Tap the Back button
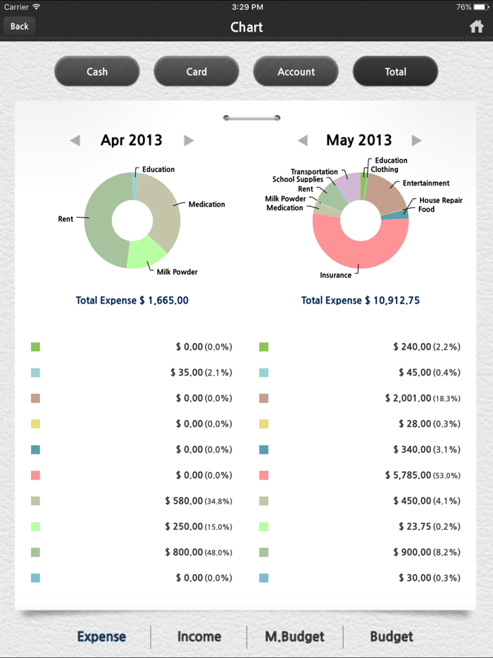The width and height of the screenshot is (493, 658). [x=20, y=26]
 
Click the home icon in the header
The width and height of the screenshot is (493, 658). [x=477, y=27]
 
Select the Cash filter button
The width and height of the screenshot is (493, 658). [x=97, y=71]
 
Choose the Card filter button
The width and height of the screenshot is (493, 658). [x=196, y=71]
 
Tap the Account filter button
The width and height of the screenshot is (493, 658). [x=296, y=71]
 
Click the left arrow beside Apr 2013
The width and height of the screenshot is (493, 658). [x=75, y=140]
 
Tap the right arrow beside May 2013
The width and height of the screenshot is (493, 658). [x=416, y=140]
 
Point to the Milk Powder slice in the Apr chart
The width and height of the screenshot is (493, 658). [x=144, y=252]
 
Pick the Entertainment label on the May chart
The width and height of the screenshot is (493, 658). [x=425, y=183]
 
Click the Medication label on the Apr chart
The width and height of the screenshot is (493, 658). [x=206, y=204]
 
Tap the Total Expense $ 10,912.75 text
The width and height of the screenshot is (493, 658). [x=360, y=300]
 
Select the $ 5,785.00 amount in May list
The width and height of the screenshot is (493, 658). [x=408, y=476]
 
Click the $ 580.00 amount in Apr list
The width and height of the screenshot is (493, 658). [x=184, y=501]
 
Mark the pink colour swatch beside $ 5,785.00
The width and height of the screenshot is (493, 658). [x=264, y=476]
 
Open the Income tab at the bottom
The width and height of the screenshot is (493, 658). [x=199, y=636]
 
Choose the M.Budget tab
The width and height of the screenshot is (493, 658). [x=295, y=636]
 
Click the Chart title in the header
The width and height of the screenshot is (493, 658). [x=246, y=27]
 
